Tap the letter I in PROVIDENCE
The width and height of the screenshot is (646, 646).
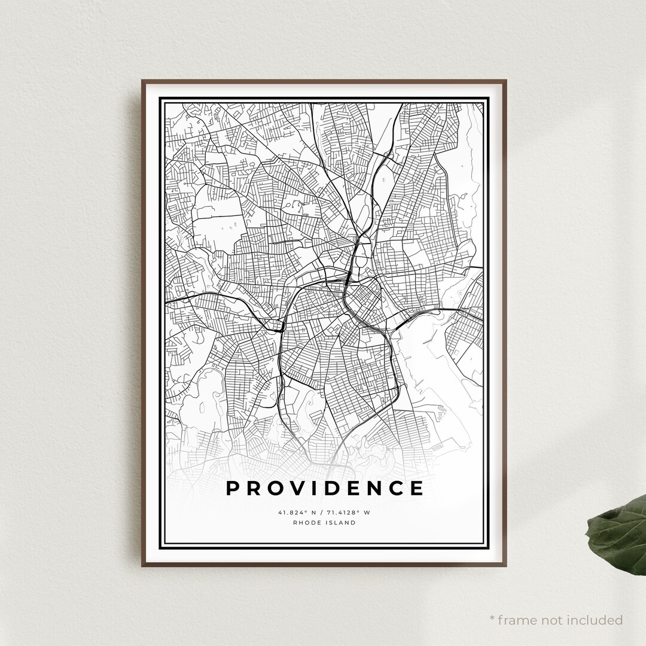[315, 488]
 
